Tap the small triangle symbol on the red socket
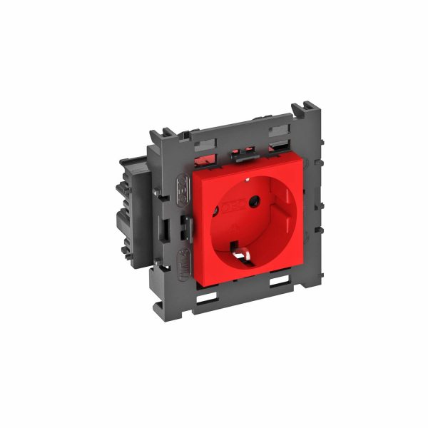pos(238,223)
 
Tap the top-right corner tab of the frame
pos(305,115)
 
